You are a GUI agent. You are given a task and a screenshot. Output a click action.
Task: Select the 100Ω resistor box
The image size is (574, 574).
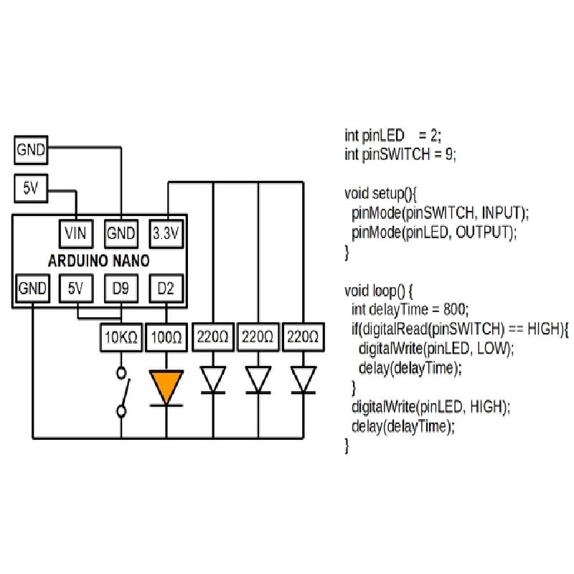pos(166,337)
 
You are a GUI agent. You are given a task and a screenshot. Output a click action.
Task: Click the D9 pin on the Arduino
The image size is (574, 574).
pos(121,289)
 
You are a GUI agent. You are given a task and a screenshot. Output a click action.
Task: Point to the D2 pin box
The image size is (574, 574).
pos(166,289)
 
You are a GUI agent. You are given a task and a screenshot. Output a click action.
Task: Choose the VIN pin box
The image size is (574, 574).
pos(75,233)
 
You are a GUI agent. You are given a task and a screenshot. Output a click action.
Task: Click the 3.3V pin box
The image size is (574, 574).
pos(166,233)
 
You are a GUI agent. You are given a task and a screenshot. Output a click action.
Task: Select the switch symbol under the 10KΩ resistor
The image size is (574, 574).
pos(122,392)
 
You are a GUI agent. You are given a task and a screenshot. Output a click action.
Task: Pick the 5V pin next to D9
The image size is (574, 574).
pos(75,289)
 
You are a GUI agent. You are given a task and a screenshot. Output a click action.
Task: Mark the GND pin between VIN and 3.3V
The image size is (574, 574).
pos(121,233)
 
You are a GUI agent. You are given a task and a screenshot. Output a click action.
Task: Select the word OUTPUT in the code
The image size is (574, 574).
pos(484,232)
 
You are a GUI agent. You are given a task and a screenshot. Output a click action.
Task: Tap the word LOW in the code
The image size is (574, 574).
pos(497,349)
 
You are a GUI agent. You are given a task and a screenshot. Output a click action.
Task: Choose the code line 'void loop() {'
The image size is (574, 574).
pos(380,291)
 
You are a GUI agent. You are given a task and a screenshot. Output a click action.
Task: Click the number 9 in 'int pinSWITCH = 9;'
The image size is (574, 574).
pos(448,154)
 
